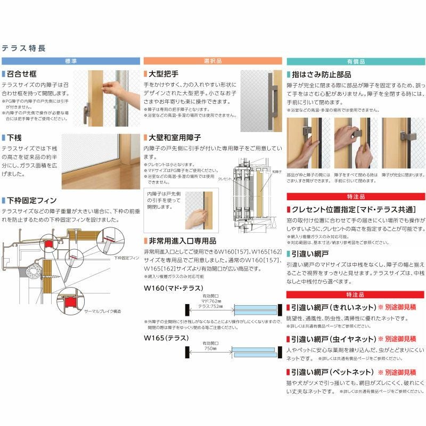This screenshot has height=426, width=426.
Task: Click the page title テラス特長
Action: (24, 48)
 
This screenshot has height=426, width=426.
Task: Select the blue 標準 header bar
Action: (70, 61)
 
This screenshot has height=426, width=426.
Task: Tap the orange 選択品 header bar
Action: (212, 61)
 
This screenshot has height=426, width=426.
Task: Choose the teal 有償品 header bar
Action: (356, 61)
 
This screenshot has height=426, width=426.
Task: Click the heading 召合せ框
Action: (21, 75)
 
